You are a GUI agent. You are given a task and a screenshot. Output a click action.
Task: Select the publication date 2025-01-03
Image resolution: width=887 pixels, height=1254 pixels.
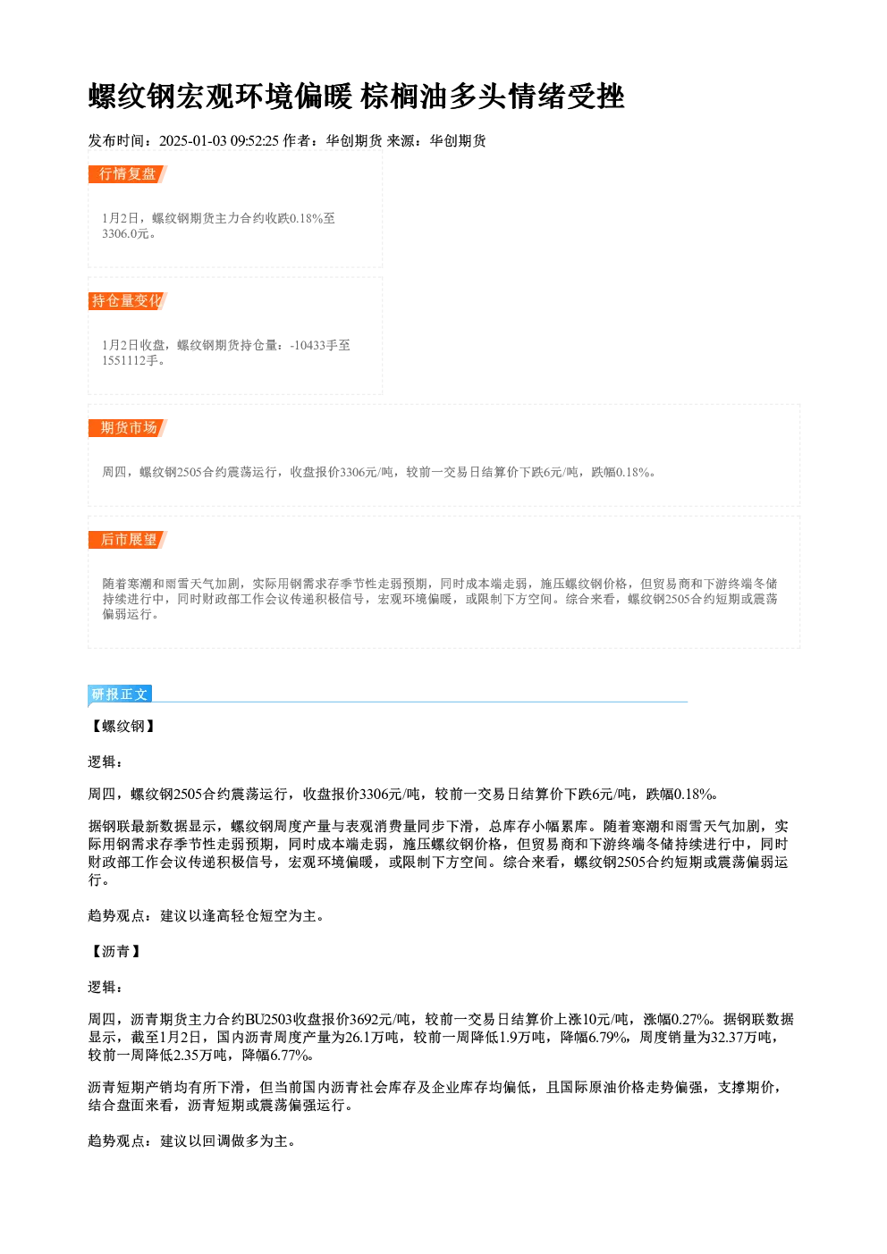click(192, 140)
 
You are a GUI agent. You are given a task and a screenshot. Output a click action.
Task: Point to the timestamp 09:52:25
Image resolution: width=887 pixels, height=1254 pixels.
click(254, 140)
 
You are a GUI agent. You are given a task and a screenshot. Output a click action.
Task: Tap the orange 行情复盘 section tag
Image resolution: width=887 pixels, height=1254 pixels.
click(127, 174)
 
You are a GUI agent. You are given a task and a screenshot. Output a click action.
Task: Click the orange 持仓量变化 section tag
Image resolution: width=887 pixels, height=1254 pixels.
click(127, 301)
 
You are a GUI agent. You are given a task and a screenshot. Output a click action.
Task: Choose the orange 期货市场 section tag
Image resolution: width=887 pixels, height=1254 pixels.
click(127, 428)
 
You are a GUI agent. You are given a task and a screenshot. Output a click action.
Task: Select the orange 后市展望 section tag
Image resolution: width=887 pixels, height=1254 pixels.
click(127, 540)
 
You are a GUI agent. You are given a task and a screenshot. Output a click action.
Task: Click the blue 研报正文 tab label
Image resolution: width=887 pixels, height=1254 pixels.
click(120, 694)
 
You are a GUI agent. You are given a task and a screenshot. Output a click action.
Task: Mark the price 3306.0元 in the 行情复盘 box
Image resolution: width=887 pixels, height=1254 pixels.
click(126, 234)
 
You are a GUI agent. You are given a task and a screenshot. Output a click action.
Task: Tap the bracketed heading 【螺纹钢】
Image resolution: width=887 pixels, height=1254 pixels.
click(123, 727)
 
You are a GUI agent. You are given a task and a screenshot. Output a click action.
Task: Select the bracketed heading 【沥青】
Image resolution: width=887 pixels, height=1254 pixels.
click(116, 951)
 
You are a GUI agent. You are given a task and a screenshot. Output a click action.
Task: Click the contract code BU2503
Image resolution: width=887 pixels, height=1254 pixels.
click(269, 1019)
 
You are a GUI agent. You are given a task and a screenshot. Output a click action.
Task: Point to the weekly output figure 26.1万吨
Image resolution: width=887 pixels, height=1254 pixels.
click(372, 1038)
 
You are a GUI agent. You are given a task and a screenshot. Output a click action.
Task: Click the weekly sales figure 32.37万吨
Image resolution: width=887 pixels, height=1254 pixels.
click(744, 1038)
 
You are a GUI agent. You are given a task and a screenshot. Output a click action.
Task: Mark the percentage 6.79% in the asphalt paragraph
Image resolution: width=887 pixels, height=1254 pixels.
click(607, 1038)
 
